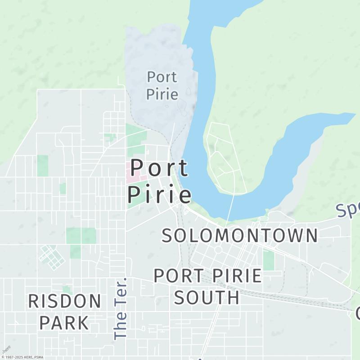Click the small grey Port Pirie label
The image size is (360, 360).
(162, 85)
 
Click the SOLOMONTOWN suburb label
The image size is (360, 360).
(240, 235)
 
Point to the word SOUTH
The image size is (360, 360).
(207, 297)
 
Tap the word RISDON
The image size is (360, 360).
(65, 301)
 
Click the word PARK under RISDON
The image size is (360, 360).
(64, 322)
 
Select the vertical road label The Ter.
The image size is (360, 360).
(121, 309)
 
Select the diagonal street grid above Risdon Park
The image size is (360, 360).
(51, 257)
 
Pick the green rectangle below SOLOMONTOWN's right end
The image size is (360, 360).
(269, 261)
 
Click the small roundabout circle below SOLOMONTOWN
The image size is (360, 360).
(218, 250)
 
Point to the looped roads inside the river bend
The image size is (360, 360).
(223, 157)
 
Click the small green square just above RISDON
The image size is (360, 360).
(67, 289)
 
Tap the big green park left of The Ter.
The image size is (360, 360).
(81, 236)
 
